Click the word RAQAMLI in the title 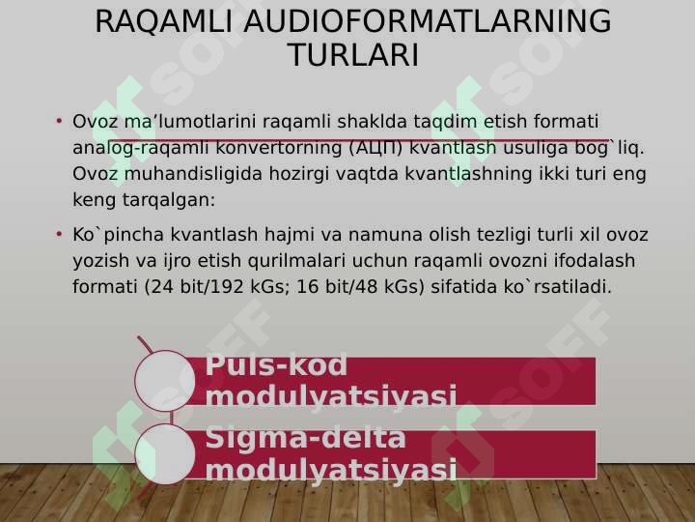(x=163, y=21)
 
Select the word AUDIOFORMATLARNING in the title (x=428, y=20)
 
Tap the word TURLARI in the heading (x=353, y=54)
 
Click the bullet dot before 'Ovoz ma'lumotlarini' (x=59, y=121)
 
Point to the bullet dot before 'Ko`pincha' (x=59, y=234)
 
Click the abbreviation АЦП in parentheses (x=375, y=148)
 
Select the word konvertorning (x=279, y=148)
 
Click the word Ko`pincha (x=119, y=235)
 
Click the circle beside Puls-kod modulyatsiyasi (x=165, y=381)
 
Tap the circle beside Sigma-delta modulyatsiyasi (x=165, y=453)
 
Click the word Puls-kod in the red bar (x=276, y=365)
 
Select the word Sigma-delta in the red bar (x=306, y=438)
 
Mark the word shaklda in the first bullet (x=372, y=121)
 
